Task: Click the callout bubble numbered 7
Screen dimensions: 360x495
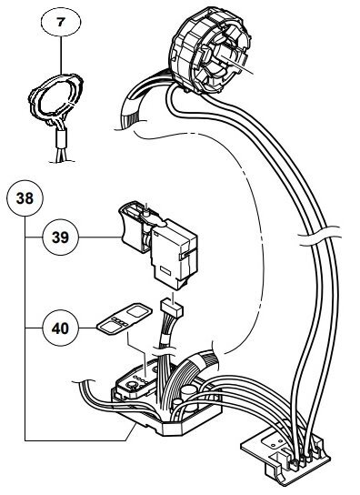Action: (x=61, y=22)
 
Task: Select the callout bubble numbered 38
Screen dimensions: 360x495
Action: (x=25, y=198)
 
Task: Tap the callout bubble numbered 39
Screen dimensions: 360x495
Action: (x=61, y=237)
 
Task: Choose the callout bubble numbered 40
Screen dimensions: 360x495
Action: (x=61, y=328)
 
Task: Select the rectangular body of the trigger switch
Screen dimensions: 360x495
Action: (x=175, y=253)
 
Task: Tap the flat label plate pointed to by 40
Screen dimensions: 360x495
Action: (x=125, y=318)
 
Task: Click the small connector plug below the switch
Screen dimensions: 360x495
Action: (x=172, y=308)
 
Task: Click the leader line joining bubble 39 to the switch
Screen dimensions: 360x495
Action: (x=100, y=237)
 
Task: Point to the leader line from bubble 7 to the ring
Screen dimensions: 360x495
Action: (x=61, y=56)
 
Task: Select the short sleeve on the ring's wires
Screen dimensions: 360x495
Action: (x=61, y=139)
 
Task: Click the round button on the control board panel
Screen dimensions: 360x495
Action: (x=132, y=386)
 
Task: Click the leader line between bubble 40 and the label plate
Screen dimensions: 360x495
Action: (x=87, y=328)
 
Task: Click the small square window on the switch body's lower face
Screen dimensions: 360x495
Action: (x=165, y=271)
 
